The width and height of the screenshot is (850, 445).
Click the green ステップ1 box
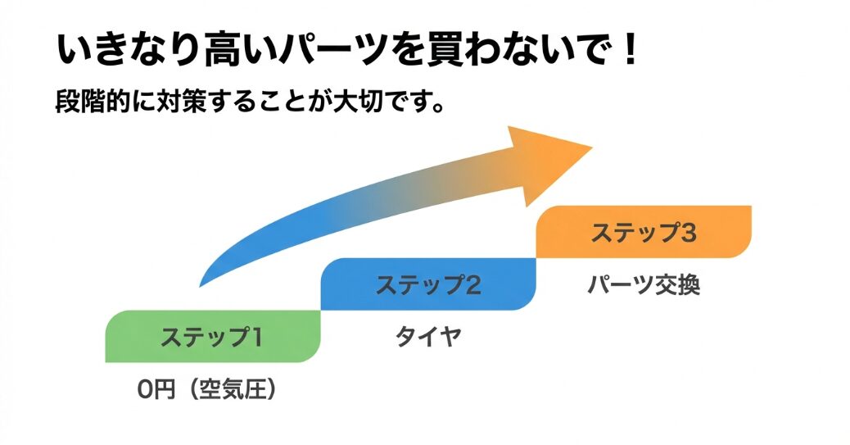tap(211, 336)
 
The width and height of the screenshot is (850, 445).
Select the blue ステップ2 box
tap(427, 284)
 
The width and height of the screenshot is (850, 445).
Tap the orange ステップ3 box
tap(644, 232)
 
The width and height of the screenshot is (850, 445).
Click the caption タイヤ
tap(427, 336)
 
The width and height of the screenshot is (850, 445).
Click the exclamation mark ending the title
tap(629, 51)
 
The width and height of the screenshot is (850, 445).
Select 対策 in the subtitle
tap(188, 105)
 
